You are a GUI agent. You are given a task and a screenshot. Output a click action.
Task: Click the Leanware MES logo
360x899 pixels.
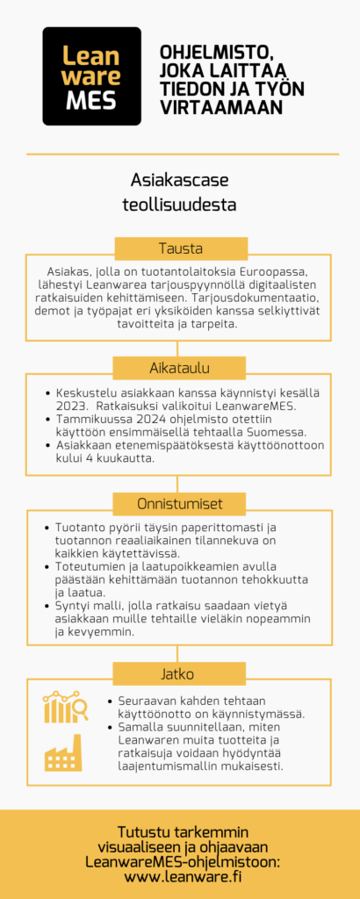click(x=91, y=76)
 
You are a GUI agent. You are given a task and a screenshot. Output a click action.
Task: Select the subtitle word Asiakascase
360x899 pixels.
click(x=179, y=180)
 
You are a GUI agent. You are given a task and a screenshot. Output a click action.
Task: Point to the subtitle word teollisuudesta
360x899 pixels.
click(x=179, y=205)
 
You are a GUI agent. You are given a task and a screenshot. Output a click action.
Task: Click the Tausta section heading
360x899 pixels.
click(x=181, y=248)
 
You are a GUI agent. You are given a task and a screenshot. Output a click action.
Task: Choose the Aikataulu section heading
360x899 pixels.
click(x=181, y=367)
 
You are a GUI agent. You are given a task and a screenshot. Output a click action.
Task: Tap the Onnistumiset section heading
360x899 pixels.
click(x=181, y=504)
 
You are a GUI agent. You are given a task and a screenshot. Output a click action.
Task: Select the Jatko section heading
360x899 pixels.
click(x=181, y=674)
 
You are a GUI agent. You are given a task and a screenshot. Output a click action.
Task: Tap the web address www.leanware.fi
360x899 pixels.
click(x=183, y=876)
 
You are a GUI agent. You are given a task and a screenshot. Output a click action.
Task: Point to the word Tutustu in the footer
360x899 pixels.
click(x=145, y=831)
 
